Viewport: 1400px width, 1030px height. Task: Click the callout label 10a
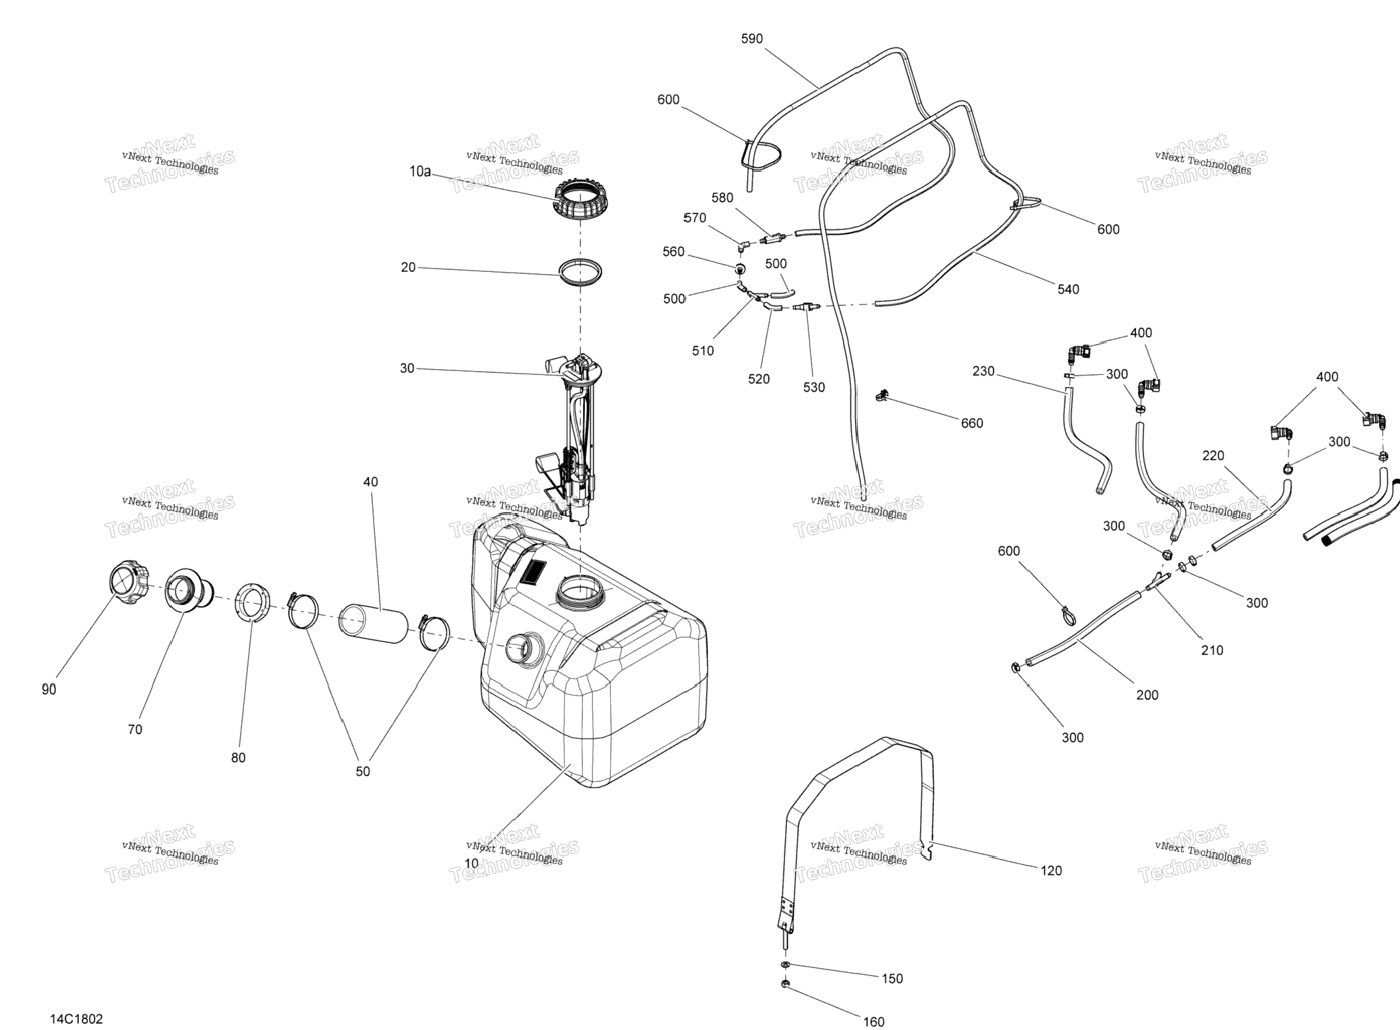pyautogui.click(x=419, y=172)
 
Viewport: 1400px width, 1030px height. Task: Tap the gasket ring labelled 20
pyautogui.click(x=580, y=273)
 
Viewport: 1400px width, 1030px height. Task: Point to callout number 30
pyautogui.click(x=407, y=368)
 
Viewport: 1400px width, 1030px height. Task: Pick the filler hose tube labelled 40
pyautogui.click(x=373, y=623)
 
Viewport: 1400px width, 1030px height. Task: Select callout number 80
pyautogui.click(x=238, y=757)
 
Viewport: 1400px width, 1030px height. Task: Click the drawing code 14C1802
pyautogui.click(x=76, y=1019)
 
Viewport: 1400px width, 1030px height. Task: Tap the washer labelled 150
pyautogui.click(x=785, y=965)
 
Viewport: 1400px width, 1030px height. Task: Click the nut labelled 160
pyautogui.click(x=785, y=984)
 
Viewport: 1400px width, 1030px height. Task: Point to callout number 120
pyautogui.click(x=1051, y=870)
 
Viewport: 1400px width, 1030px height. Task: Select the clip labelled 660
pyautogui.click(x=882, y=396)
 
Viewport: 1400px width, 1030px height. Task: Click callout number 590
pyautogui.click(x=752, y=39)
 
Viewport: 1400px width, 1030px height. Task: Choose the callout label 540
pyautogui.click(x=1068, y=289)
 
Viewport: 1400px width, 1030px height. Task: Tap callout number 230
pyautogui.click(x=983, y=371)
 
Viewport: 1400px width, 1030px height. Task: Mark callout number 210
pyautogui.click(x=1212, y=650)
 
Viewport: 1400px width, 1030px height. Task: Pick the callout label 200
pyautogui.click(x=1147, y=695)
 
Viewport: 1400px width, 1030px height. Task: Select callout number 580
pyautogui.click(x=722, y=197)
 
